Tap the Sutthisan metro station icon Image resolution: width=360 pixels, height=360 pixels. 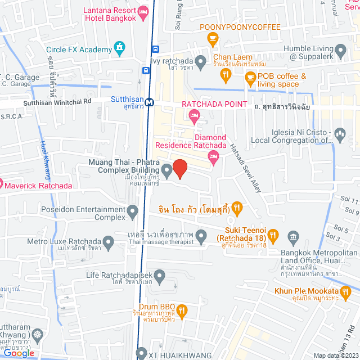(149, 102)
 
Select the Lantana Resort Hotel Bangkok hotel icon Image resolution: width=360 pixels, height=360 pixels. (143, 11)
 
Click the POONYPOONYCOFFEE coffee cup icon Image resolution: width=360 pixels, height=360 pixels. (212, 39)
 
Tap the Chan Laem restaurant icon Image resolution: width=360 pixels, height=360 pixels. (226, 73)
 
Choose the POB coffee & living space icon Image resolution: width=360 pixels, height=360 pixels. (250, 80)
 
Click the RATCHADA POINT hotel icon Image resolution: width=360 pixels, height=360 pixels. (194, 116)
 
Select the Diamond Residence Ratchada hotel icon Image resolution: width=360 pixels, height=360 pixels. (212, 160)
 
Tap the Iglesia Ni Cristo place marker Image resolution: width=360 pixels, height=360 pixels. (339, 134)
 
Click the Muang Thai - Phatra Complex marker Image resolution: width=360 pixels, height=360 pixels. (167, 169)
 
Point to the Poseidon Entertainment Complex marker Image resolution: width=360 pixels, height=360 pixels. (133, 212)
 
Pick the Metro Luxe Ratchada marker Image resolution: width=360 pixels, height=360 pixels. (109, 242)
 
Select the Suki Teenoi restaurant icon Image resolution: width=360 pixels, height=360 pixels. (273, 235)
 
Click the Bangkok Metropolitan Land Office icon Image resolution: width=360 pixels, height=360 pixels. (293, 236)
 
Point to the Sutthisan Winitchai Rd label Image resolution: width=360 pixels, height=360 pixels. (57, 102)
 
